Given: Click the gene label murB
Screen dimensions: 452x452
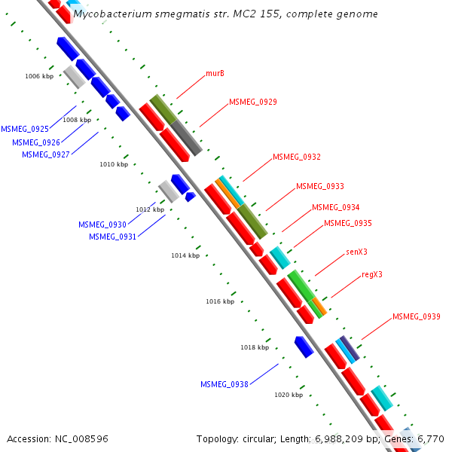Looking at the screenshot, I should (215, 74).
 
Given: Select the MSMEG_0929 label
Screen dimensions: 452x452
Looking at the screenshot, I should (252, 102).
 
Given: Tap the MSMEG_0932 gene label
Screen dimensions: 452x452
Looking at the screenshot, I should (297, 157).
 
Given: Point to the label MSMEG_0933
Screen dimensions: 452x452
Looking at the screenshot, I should (319, 186).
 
